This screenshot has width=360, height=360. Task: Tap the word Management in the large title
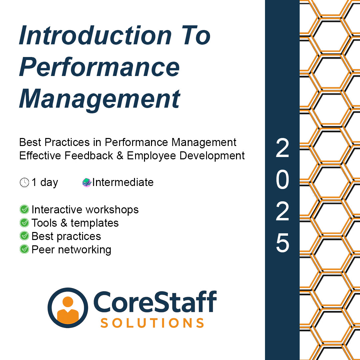[x=100, y=98]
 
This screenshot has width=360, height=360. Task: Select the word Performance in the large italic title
[x=100, y=67]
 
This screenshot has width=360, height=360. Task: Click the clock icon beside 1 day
[x=24, y=183]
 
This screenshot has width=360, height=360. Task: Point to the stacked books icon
[x=87, y=182]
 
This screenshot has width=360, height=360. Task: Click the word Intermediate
[x=123, y=182]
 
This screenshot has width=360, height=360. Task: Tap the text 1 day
[x=45, y=182]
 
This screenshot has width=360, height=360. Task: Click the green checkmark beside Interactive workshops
[x=24, y=209]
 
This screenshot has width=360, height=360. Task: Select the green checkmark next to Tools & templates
[x=24, y=223]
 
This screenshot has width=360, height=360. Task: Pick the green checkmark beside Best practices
[x=24, y=236]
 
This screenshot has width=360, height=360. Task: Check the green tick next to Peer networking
[x=24, y=249]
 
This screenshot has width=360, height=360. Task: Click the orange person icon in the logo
[x=68, y=308]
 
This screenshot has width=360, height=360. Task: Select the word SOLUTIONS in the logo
[x=152, y=323]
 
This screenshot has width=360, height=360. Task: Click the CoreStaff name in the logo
[x=155, y=302]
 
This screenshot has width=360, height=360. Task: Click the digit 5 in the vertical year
[x=282, y=243]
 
